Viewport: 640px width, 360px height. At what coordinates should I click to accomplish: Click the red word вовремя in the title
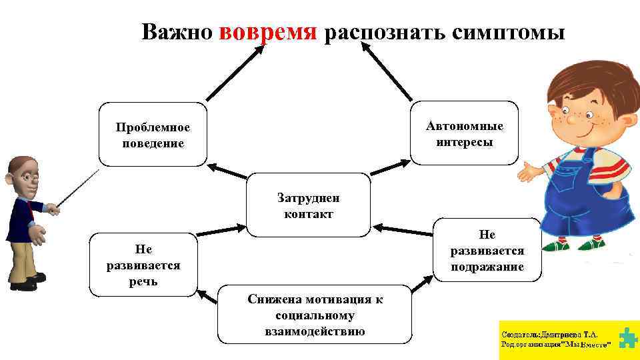(268, 31)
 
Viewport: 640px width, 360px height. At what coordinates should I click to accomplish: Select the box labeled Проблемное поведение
(153, 135)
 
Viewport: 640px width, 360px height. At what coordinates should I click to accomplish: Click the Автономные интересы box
(464, 133)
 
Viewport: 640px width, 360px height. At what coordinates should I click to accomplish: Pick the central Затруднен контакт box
(308, 205)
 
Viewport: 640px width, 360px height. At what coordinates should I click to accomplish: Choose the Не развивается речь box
(143, 265)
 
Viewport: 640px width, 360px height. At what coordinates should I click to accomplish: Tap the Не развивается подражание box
(487, 250)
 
